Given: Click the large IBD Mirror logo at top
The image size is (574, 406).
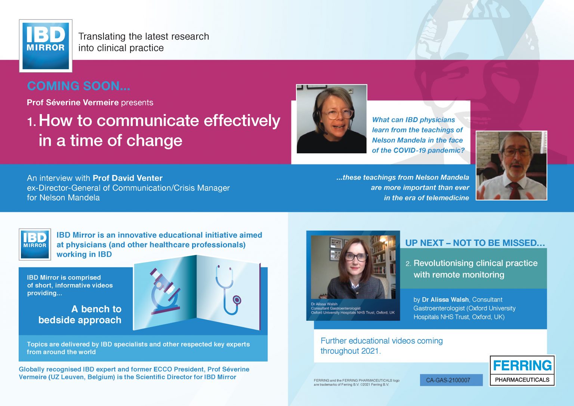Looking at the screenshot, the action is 46,46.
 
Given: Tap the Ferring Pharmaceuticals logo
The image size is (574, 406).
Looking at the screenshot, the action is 522,370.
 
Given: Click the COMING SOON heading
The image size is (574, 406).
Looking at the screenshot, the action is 79,86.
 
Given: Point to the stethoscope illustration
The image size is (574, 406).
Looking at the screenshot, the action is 228,290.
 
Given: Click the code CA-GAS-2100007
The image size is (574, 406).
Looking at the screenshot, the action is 448,380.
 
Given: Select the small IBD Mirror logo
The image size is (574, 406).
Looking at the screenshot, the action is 35,244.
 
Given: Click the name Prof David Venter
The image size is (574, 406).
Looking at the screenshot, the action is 127,178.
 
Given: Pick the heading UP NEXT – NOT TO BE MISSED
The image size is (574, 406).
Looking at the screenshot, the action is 475,243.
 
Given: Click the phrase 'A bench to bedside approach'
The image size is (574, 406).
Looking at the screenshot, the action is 80,314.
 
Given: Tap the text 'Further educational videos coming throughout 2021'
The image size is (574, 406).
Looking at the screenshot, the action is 382,346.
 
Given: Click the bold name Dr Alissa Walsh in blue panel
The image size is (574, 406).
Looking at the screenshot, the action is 445,299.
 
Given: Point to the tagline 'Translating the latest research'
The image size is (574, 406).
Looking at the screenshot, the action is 143,36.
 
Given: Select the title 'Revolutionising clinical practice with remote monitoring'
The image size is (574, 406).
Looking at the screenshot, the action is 475,269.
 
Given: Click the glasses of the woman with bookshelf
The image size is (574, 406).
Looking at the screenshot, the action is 356,256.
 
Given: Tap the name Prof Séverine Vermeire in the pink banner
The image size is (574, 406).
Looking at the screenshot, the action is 73,102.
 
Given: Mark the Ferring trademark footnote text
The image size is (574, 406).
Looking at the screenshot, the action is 357,382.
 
